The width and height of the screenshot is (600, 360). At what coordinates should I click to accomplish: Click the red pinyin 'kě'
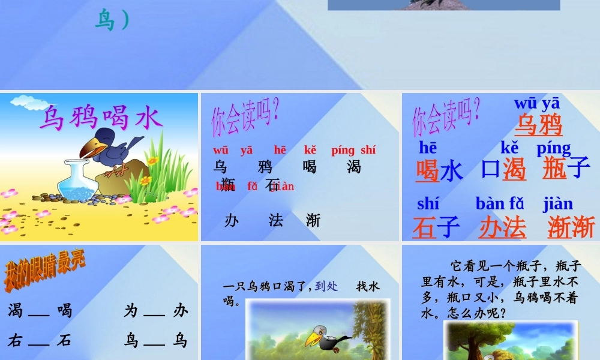[x=310, y=150]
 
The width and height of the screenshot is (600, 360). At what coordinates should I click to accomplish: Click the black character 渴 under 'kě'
[x=354, y=166]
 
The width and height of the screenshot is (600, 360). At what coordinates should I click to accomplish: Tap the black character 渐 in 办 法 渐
[x=313, y=220]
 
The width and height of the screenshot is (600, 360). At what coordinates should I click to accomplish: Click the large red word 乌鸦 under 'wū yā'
[x=538, y=125]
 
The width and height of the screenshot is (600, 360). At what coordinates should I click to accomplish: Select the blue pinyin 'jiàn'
[x=558, y=204]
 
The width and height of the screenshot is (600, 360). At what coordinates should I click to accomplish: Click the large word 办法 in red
[x=502, y=228]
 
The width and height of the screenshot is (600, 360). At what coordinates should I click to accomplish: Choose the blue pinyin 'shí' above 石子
[x=428, y=204]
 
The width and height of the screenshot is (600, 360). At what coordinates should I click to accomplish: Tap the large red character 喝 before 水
[x=428, y=170]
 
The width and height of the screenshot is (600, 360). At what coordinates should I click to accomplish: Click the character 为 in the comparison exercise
[x=131, y=310]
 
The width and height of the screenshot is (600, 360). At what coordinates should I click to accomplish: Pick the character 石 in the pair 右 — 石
[x=64, y=341]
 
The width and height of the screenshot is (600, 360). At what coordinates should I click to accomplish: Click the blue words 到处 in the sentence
[x=326, y=287]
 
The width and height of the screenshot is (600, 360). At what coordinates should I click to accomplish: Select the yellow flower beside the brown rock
[x=152, y=160]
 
